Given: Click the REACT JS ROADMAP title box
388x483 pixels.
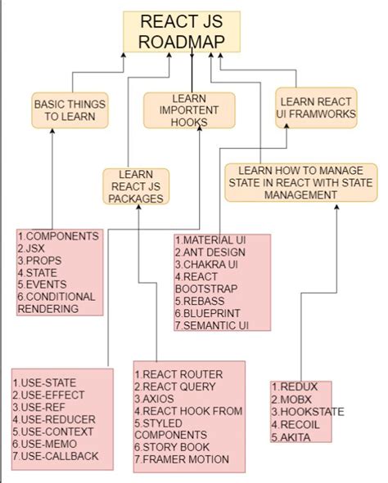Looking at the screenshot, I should point(192,33).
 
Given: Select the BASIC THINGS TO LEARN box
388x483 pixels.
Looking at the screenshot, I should point(70,110).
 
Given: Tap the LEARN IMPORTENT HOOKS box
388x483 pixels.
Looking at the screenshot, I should point(189,110).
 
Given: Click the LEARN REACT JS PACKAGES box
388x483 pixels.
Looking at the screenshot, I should point(135,186).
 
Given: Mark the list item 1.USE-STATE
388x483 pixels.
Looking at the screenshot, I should point(47,382).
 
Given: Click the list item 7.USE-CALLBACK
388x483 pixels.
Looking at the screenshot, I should point(56,455).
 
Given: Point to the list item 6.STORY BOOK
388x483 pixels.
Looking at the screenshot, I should point(175,447).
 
